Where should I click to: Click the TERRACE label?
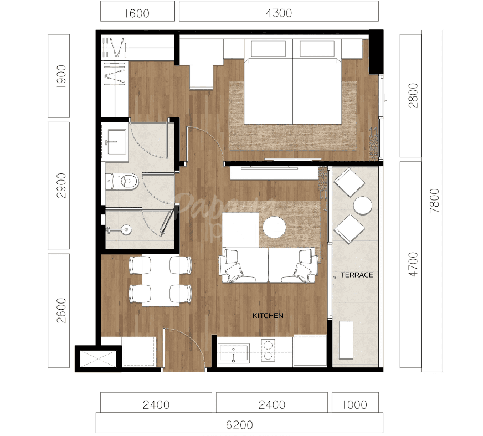click(356, 275)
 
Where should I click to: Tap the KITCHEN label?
click(268, 316)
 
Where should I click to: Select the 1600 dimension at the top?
click(137, 12)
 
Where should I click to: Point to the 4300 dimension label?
click(279, 12)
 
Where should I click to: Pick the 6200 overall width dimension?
click(239, 425)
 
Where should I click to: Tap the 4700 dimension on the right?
click(409, 265)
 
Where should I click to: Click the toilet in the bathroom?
click(124, 181)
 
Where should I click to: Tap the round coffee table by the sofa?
click(274, 227)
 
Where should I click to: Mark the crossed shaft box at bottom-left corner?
click(98, 358)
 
